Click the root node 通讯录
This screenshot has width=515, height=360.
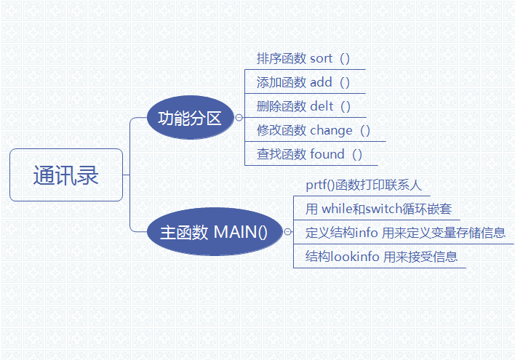(66, 175)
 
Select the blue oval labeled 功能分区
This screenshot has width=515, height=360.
(190, 118)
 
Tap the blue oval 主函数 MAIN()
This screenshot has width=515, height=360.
(214, 233)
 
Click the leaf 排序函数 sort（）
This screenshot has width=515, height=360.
(303, 59)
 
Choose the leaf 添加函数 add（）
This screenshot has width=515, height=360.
(303, 83)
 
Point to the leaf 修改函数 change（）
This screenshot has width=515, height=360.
(314, 130)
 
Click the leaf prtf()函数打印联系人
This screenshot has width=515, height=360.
(364, 185)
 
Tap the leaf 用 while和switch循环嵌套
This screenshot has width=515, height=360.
(378, 209)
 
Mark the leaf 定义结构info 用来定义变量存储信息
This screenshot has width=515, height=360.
(405, 233)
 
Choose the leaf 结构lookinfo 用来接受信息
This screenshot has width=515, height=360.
(381, 257)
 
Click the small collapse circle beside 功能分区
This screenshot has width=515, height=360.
(238, 118)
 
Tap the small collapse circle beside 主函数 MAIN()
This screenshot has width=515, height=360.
(289, 233)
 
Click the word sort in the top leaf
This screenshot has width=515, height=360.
(322, 59)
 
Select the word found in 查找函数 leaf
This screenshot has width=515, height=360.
(327, 154)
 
